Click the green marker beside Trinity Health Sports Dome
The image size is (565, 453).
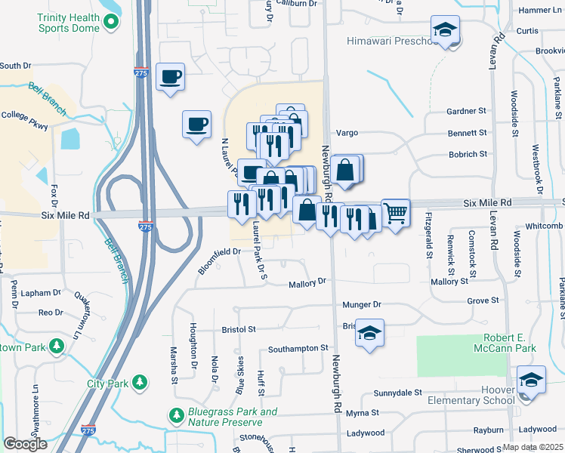click(x=112, y=21)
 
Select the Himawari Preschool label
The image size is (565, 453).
click(x=391, y=41)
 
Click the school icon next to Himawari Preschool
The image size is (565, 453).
click(x=446, y=31)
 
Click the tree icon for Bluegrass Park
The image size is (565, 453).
click(x=176, y=416)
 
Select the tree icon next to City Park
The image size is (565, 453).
click(x=138, y=384)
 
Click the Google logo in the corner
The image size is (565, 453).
click(x=25, y=444)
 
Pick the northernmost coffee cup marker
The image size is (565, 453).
click(x=171, y=76)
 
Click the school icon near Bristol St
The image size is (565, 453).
click(x=369, y=332)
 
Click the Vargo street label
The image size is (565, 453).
click(x=346, y=133)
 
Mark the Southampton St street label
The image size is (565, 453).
click(x=300, y=350)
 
